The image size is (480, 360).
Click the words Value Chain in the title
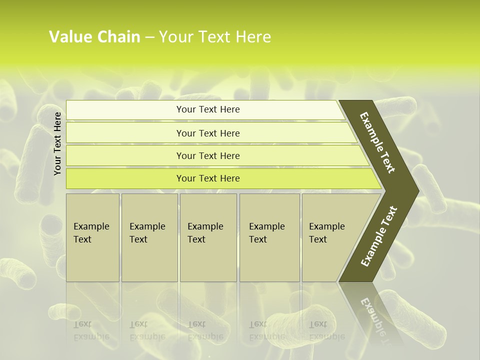94,37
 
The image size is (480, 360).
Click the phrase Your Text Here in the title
215,37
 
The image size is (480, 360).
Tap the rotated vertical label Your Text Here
57,143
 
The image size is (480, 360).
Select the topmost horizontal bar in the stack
207,109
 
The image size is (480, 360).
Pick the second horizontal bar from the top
208,133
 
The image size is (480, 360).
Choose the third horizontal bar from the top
208,155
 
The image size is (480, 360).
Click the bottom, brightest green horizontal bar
208,178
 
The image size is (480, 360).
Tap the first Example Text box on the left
92,237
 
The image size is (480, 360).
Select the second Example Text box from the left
149,237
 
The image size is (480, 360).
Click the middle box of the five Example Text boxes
208,237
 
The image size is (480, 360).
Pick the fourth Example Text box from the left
269,237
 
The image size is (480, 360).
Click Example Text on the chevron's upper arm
378,142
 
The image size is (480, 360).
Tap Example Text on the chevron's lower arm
379,236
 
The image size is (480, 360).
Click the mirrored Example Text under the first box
91,330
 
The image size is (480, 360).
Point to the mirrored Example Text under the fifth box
326,330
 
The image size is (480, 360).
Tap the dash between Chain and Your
149,37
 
